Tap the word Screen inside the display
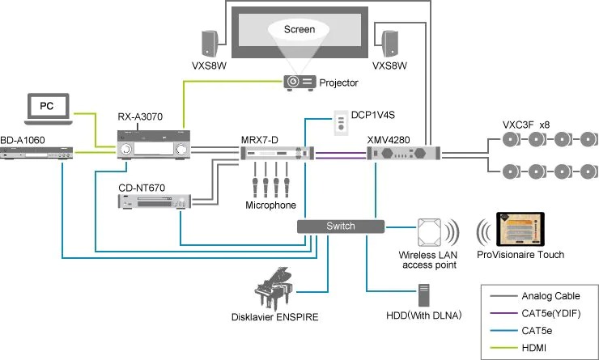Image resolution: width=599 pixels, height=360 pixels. [299, 29]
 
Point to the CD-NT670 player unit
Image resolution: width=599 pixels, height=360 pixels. [153, 203]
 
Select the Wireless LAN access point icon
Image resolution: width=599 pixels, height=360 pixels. [430, 233]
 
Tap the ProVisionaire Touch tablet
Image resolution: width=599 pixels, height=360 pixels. [518, 231]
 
